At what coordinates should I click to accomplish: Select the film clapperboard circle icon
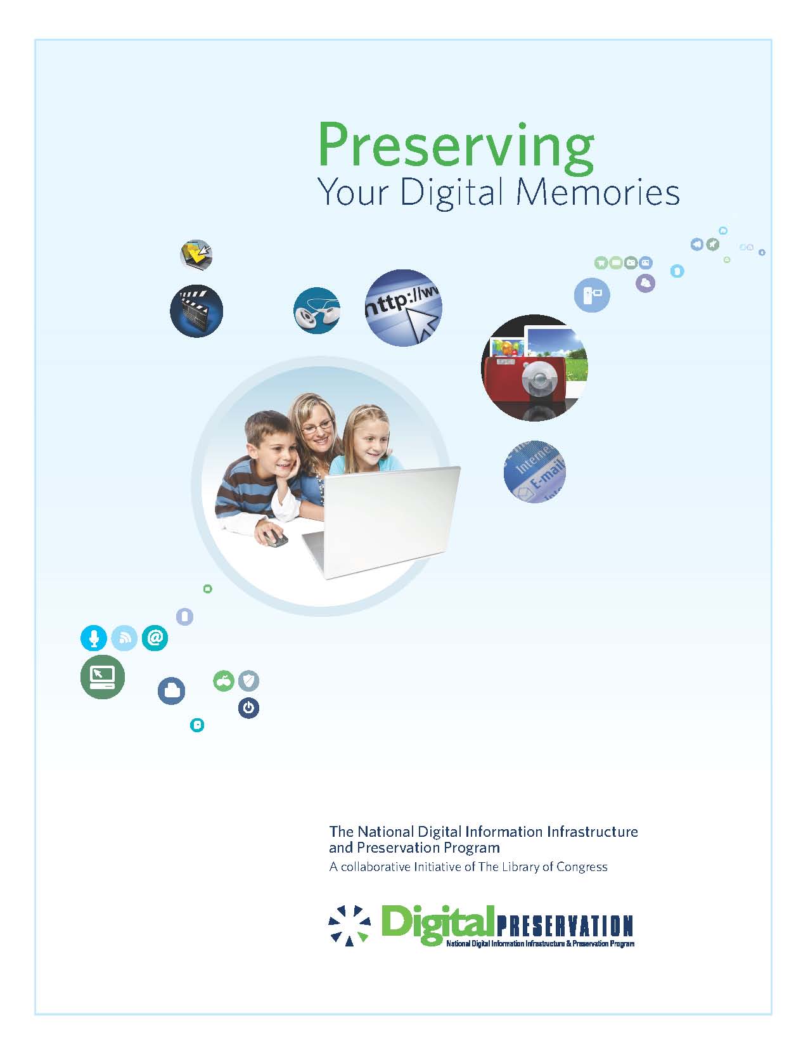point(196,311)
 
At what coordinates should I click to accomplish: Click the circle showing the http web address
point(404,307)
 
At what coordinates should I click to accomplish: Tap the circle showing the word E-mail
point(534,472)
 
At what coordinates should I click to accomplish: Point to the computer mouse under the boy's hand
point(274,539)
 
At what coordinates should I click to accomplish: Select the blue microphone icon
point(94,638)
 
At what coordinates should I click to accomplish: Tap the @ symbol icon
point(155,638)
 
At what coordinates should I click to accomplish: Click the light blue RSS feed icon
point(124,638)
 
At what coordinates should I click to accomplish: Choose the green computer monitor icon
point(103,677)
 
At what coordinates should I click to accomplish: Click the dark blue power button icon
point(248,707)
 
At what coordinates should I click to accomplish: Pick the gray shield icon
point(249,681)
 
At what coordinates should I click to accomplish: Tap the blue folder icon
point(171,690)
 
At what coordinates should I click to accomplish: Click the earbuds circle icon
point(316,311)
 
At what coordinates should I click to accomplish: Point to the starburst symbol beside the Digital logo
point(349,925)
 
